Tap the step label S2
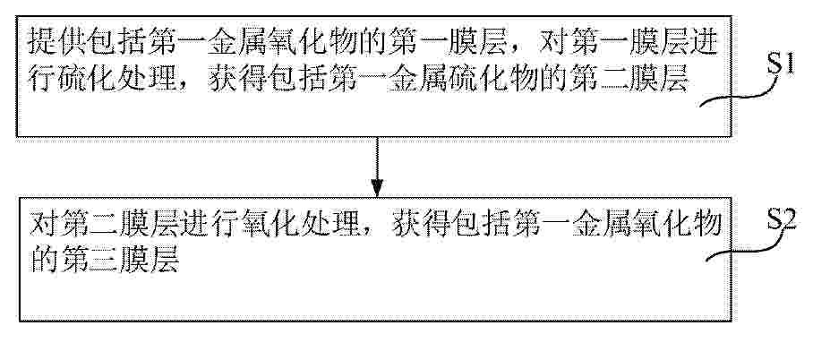[x=782, y=221]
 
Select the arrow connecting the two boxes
[x=377, y=167]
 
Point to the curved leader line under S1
[x=740, y=94]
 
